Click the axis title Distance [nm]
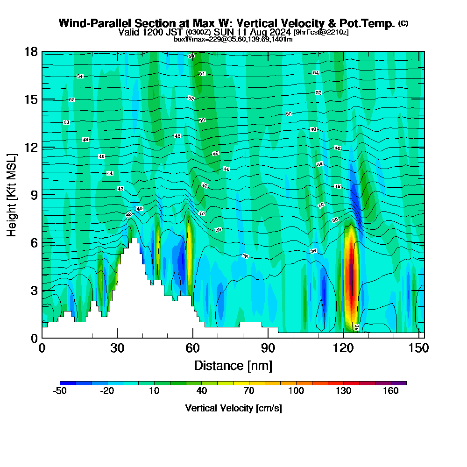[x=233, y=365]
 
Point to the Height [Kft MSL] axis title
[x=13, y=194]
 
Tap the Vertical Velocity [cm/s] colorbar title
[x=233, y=408]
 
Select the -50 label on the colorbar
[x=61, y=391]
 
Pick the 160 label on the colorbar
[x=390, y=391]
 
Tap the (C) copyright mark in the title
[x=403, y=23]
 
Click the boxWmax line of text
[x=233, y=39]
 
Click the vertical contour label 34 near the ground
[x=357, y=327]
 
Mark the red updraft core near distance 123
[x=351, y=280]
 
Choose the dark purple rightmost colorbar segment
[x=402, y=383]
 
